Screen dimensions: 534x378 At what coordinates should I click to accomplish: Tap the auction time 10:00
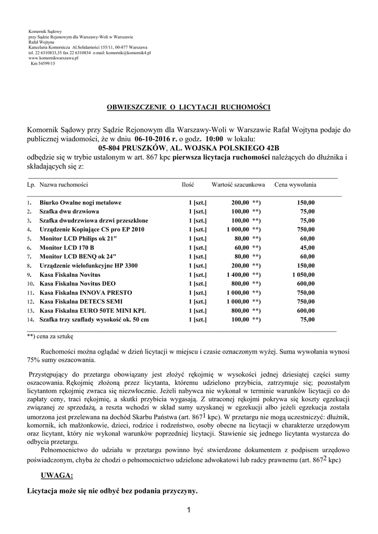[x=214, y=139]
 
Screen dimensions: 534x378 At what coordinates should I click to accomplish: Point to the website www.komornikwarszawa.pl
[x=53, y=58]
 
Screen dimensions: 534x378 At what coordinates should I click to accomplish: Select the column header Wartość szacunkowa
[x=238, y=185]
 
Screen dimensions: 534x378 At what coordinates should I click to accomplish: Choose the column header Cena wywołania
[x=295, y=185]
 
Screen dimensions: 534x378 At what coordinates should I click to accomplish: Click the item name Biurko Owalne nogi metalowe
[x=81, y=202]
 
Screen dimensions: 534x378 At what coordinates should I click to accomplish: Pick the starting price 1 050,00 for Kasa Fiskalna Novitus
[x=303, y=274]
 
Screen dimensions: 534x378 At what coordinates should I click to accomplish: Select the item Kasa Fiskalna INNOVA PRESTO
[x=86, y=292]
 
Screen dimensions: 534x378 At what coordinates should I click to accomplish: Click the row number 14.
[x=30, y=320]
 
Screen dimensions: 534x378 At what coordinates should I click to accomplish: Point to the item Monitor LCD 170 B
[x=67, y=247]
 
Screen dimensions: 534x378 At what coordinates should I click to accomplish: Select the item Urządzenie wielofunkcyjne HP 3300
[x=89, y=265]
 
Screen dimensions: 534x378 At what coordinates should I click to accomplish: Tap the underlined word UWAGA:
[x=56, y=475]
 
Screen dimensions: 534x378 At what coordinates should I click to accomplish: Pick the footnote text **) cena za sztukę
[x=51, y=336]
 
